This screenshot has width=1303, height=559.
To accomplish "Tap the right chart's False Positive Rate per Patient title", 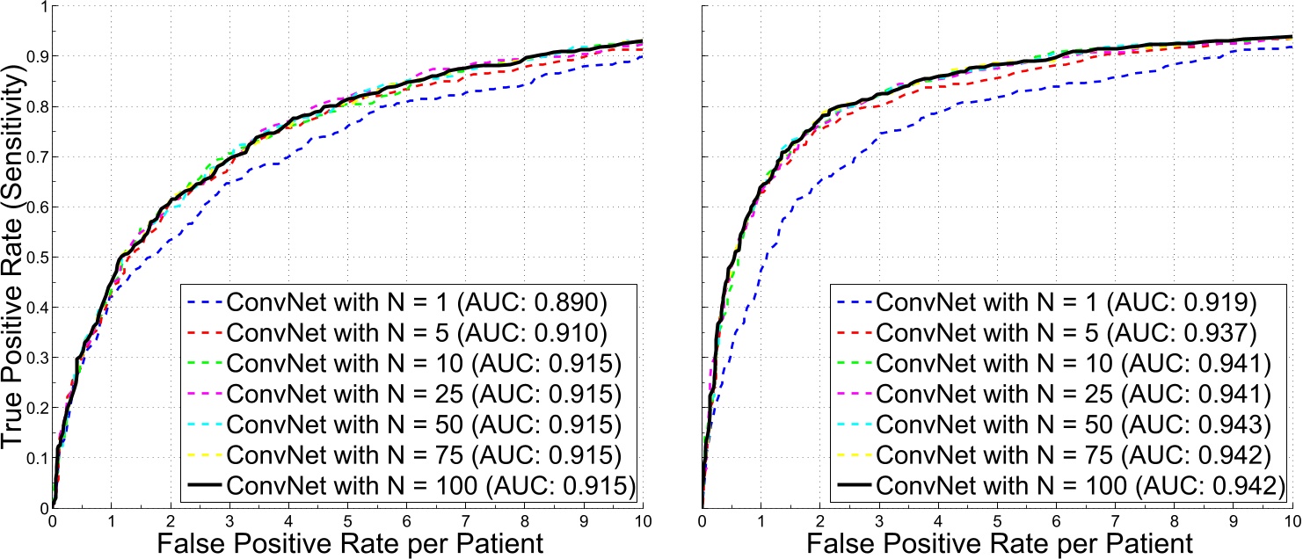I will (997, 542).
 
